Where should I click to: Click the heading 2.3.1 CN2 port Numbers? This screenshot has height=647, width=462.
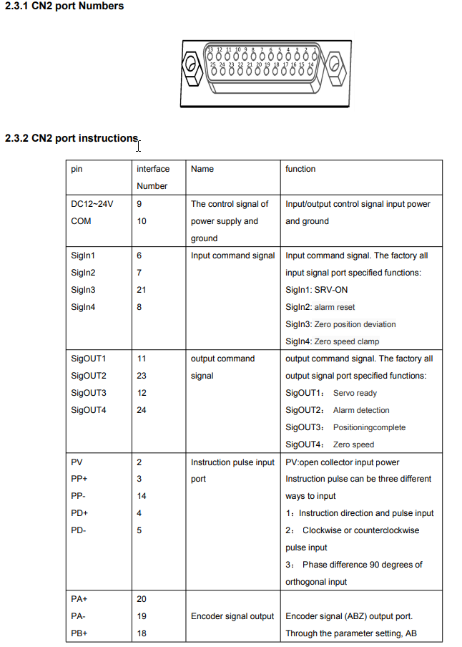64,6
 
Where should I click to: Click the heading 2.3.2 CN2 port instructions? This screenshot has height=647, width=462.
72,138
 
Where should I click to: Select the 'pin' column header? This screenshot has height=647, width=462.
77,169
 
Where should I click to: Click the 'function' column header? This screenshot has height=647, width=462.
300,169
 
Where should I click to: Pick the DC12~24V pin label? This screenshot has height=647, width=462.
92,204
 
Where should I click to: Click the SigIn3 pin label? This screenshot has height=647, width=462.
84,290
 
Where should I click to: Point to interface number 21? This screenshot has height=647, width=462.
141,290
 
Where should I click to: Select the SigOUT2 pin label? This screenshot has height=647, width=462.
89,376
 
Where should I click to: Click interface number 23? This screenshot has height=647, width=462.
141,376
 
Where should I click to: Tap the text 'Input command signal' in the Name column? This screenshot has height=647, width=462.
232,256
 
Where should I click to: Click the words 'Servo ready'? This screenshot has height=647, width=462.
355,393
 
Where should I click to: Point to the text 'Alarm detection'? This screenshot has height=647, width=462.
361,410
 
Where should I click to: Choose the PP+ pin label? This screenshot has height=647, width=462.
80,479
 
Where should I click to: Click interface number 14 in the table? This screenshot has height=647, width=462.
141,496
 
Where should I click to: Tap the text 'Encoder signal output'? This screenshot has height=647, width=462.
232,616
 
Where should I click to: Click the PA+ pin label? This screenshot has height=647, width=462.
80,599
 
